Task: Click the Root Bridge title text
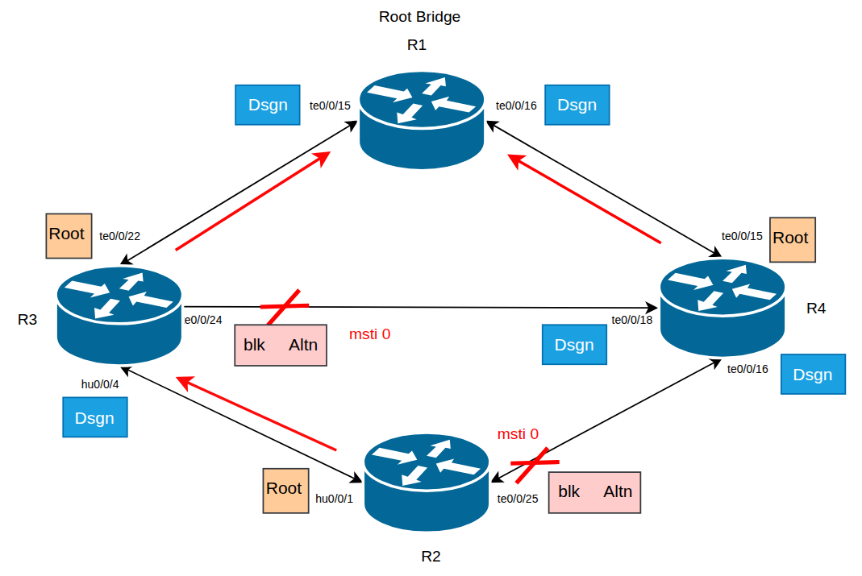click(419, 17)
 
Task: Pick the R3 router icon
click(119, 315)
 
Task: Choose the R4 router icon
click(722, 307)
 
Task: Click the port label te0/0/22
click(119, 237)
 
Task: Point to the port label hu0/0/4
click(100, 384)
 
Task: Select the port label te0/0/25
click(518, 499)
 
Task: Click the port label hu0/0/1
click(335, 499)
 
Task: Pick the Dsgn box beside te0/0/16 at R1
click(577, 105)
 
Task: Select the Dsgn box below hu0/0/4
click(95, 418)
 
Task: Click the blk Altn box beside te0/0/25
click(594, 492)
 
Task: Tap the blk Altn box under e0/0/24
click(281, 346)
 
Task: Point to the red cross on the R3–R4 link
click(284, 307)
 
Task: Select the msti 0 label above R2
click(518, 434)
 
